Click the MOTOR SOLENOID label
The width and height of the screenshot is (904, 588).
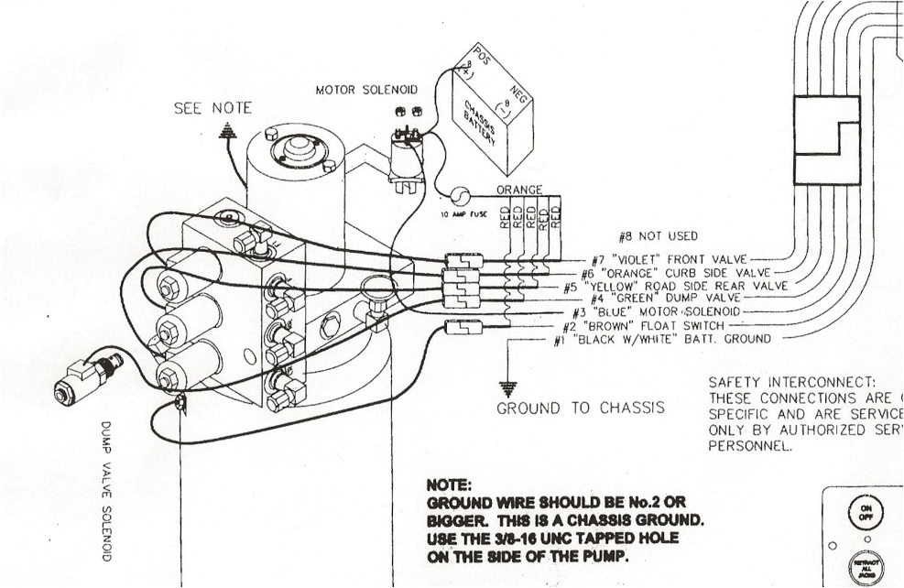(x=366, y=91)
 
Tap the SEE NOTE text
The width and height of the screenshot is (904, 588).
(x=212, y=108)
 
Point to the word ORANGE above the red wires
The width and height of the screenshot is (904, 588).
(x=519, y=190)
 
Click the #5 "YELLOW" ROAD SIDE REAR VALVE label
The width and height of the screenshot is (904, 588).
(x=675, y=286)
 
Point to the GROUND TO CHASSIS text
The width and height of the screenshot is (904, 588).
(x=580, y=408)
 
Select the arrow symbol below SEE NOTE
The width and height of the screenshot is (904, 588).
(x=227, y=130)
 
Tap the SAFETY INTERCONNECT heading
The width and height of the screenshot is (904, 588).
(x=792, y=382)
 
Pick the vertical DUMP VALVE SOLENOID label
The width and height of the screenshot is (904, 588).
(x=106, y=491)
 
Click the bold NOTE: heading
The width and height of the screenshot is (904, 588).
(x=449, y=485)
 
